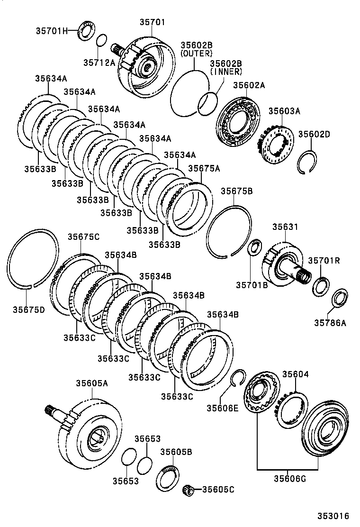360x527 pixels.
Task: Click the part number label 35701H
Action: point(51,31)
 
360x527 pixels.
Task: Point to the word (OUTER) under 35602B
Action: point(196,54)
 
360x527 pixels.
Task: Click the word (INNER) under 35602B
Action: point(226,72)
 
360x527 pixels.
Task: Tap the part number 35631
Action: point(285,227)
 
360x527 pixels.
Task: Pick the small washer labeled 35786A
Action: point(339,298)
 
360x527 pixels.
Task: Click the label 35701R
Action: point(324,260)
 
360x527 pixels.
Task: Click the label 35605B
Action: point(176,452)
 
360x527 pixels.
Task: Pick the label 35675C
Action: point(83,237)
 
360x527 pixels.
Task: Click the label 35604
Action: point(296,374)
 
